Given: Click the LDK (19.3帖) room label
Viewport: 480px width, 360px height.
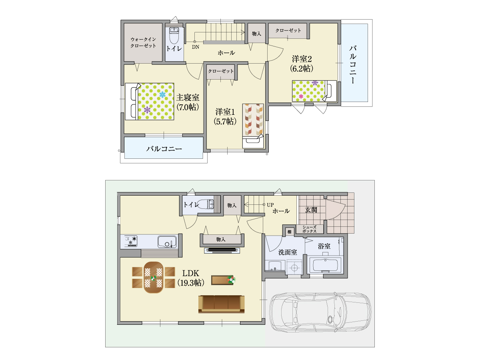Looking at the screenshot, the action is pyautogui.click(x=190, y=278).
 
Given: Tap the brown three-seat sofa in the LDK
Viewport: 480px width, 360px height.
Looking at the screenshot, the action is pyautogui.click(x=221, y=304).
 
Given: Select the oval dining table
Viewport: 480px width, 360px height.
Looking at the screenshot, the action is pyautogui.click(x=153, y=277).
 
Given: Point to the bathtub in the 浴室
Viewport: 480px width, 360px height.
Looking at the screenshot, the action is pyautogui.click(x=325, y=265).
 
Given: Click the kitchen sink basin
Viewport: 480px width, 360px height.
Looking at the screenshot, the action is pyautogui.click(x=167, y=242).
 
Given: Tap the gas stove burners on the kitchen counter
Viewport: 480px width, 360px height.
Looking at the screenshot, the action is pyautogui.click(x=131, y=241).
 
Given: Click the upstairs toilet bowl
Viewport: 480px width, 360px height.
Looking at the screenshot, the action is pyautogui.click(x=174, y=36).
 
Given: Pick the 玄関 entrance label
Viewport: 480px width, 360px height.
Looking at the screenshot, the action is pyautogui.click(x=311, y=210).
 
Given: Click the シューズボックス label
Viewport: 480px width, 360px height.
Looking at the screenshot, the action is pyautogui.click(x=309, y=229).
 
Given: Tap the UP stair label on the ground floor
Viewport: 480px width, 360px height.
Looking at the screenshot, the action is pyautogui.click(x=270, y=205).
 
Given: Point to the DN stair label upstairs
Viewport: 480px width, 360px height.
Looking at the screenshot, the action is pyautogui.click(x=196, y=47).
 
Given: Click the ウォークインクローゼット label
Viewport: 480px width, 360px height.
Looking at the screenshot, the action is pyautogui.click(x=143, y=42).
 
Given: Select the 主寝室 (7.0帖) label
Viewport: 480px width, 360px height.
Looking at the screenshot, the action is pyautogui.click(x=188, y=102).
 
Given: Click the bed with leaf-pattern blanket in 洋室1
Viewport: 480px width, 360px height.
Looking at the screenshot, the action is pyautogui.click(x=253, y=126).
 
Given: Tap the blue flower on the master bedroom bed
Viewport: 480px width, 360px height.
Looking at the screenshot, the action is pyautogui.click(x=162, y=95).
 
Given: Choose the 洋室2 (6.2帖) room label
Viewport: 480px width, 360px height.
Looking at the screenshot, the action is pyautogui.click(x=302, y=64).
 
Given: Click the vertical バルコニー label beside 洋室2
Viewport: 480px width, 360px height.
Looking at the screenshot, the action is pyautogui.click(x=353, y=64).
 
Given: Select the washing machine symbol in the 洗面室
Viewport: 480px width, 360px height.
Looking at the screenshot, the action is pyautogui.click(x=294, y=267).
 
